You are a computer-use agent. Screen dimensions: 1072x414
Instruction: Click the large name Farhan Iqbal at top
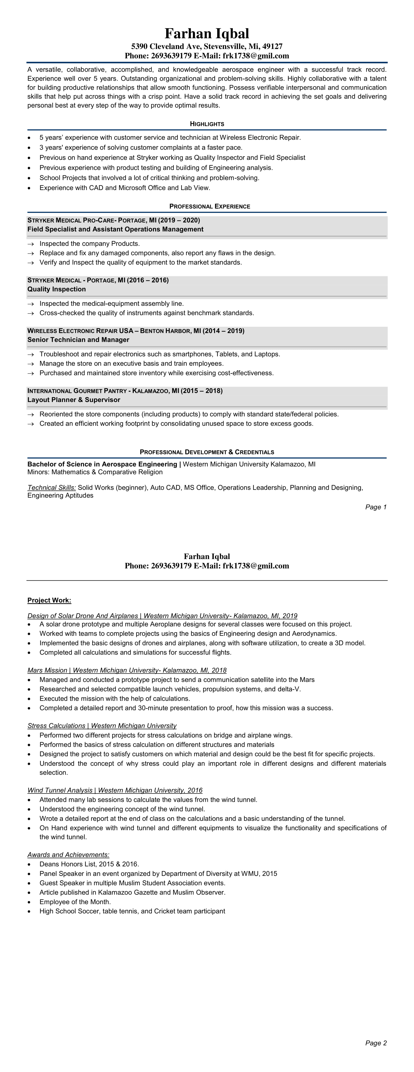click(207, 33)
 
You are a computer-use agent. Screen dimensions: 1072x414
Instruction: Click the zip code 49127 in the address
click(272, 46)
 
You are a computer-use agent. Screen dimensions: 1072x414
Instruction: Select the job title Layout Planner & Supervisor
click(74, 400)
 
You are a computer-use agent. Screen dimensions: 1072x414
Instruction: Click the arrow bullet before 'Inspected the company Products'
click(30, 244)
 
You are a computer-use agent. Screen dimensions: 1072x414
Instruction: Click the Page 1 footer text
click(376, 507)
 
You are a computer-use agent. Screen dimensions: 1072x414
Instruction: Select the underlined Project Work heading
click(49, 600)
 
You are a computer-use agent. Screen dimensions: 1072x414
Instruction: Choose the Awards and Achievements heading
click(68, 855)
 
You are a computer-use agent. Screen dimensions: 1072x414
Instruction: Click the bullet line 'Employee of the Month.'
click(75, 902)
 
